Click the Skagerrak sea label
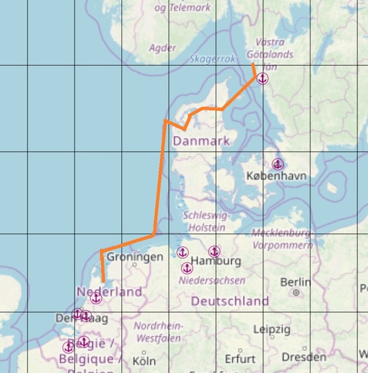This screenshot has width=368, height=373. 213,59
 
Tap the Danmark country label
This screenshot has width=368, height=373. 201,141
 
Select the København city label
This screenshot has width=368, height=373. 276,177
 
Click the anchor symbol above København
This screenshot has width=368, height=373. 278,164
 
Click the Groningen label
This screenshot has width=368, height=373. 135,257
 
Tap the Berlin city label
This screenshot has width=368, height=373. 296,282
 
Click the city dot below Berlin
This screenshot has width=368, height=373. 297,292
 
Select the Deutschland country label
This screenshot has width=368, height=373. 229,302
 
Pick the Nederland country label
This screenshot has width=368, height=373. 109,292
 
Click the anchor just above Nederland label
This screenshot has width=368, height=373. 96,298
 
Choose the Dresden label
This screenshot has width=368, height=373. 303,357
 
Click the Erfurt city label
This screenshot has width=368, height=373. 241,359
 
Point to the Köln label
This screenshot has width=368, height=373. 144,360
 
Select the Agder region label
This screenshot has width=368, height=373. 163,47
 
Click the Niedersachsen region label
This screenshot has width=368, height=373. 211,281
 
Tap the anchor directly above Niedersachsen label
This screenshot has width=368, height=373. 186,268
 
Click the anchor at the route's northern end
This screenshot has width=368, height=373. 262,78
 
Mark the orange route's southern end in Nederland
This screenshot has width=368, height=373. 103,281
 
